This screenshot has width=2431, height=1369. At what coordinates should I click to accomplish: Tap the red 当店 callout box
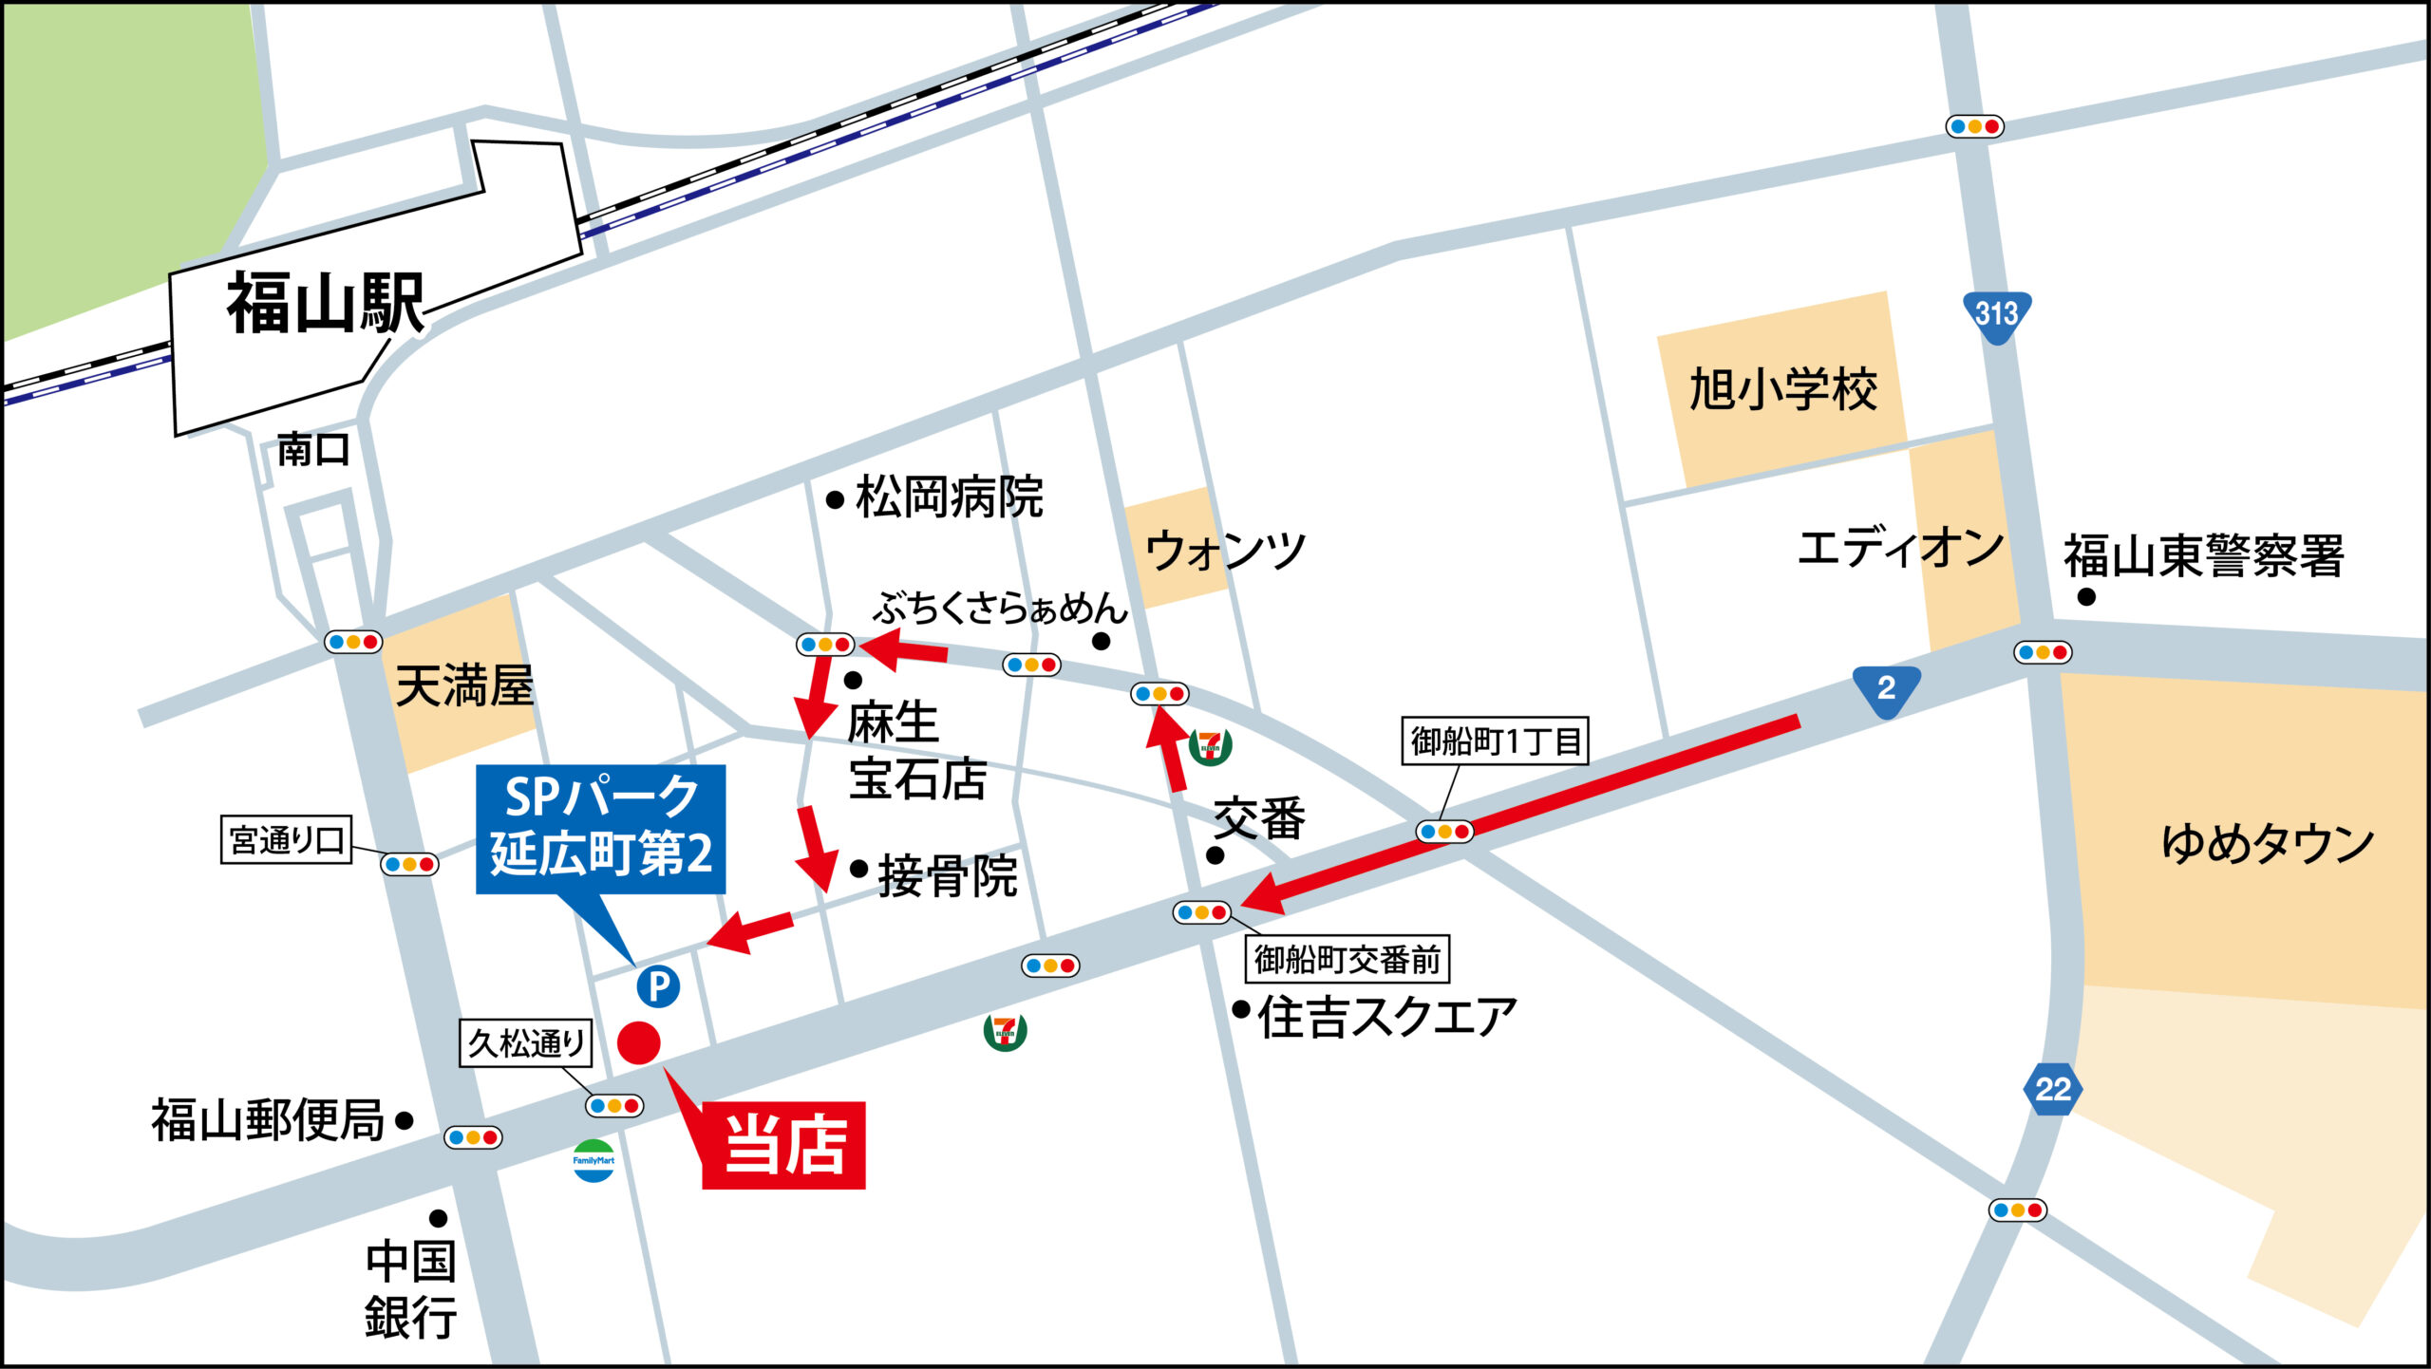pyautogui.click(x=783, y=1145)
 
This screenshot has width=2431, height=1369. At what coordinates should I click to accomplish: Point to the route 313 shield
pyautogui.click(x=1997, y=314)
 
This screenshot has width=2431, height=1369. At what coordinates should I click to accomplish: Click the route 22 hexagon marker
pyautogui.click(x=2052, y=1089)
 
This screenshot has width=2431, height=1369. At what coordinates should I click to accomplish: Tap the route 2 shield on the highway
pyautogui.click(x=1886, y=688)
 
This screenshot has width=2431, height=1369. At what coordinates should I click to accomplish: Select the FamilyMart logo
pyautogui.click(x=594, y=1160)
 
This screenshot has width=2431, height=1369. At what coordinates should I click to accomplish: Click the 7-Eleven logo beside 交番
pyautogui.click(x=1210, y=745)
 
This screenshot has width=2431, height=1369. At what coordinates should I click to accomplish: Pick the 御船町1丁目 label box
pyautogui.click(x=1495, y=741)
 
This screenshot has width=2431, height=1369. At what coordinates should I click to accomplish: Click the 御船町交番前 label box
pyautogui.click(x=1347, y=960)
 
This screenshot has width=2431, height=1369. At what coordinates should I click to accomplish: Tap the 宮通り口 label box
pyautogui.click(x=286, y=839)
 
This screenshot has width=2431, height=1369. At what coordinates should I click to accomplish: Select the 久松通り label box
pyautogui.click(x=526, y=1043)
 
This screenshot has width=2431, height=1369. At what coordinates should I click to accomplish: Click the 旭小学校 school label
pyautogui.click(x=1782, y=390)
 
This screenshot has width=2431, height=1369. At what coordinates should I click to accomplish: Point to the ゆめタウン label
pyautogui.click(x=2267, y=843)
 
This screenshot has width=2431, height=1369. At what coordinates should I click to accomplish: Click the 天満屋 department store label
pyautogui.click(x=464, y=685)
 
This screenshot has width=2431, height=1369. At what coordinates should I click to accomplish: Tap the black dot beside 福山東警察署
pyautogui.click(x=2086, y=597)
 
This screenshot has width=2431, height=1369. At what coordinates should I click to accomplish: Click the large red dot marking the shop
pyautogui.click(x=639, y=1042)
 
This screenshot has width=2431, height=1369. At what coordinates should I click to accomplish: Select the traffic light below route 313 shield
pyautogui.click(x=2042, y=652)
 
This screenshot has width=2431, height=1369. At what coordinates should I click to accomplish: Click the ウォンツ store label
pyautogui.click(x=1225, y=551)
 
